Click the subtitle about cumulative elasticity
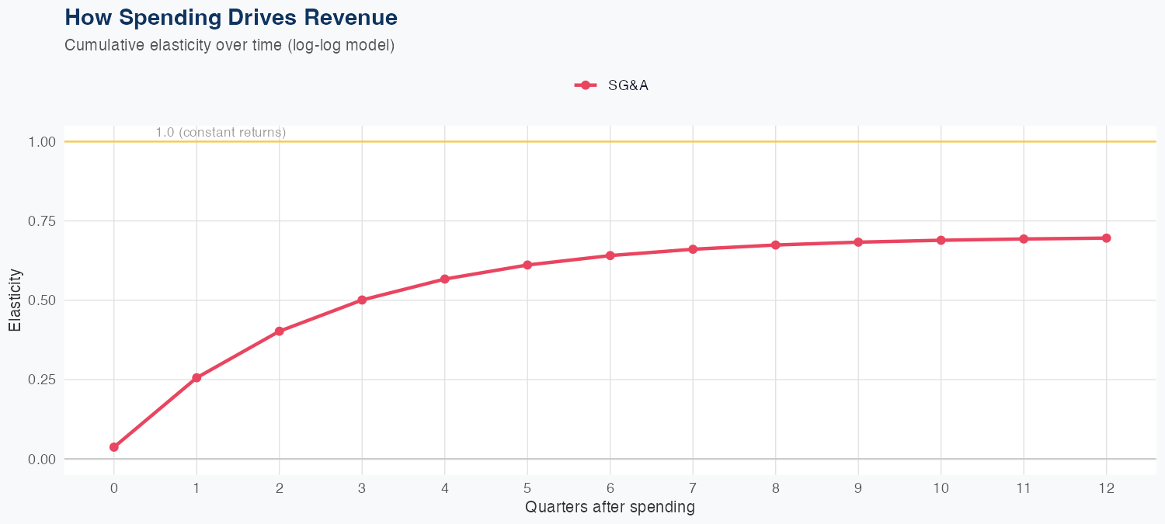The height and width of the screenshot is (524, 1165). tap(230, 45)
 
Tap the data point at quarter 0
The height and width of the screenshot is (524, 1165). tap(114, 447)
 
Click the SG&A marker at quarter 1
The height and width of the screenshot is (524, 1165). tap(196, 378)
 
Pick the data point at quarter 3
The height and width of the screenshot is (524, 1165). tap(362, 300)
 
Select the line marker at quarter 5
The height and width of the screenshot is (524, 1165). tap(527, 265)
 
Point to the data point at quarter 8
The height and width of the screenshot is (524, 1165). tap(775, 245)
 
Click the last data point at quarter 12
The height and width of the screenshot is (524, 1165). tap(1106, 238)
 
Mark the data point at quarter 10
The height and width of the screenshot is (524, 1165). tap(941, 241)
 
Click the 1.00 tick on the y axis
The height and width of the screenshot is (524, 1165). tap(42, 142)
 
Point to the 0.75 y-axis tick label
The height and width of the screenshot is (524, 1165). tap(42, 221)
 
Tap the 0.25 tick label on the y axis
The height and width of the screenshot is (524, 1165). tap(42, 380)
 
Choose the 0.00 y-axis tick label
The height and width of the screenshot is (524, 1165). tap(42, 459)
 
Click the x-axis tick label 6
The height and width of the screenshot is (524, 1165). tap(610, 488)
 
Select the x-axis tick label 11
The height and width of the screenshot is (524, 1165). tap(1024, 488)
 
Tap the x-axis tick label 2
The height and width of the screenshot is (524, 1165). tap(279, 488)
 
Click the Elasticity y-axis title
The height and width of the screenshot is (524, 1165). tap(15, 300)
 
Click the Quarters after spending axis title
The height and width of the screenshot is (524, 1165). tap(610, 508)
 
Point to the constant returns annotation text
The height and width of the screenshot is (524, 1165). tap(221, 133)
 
